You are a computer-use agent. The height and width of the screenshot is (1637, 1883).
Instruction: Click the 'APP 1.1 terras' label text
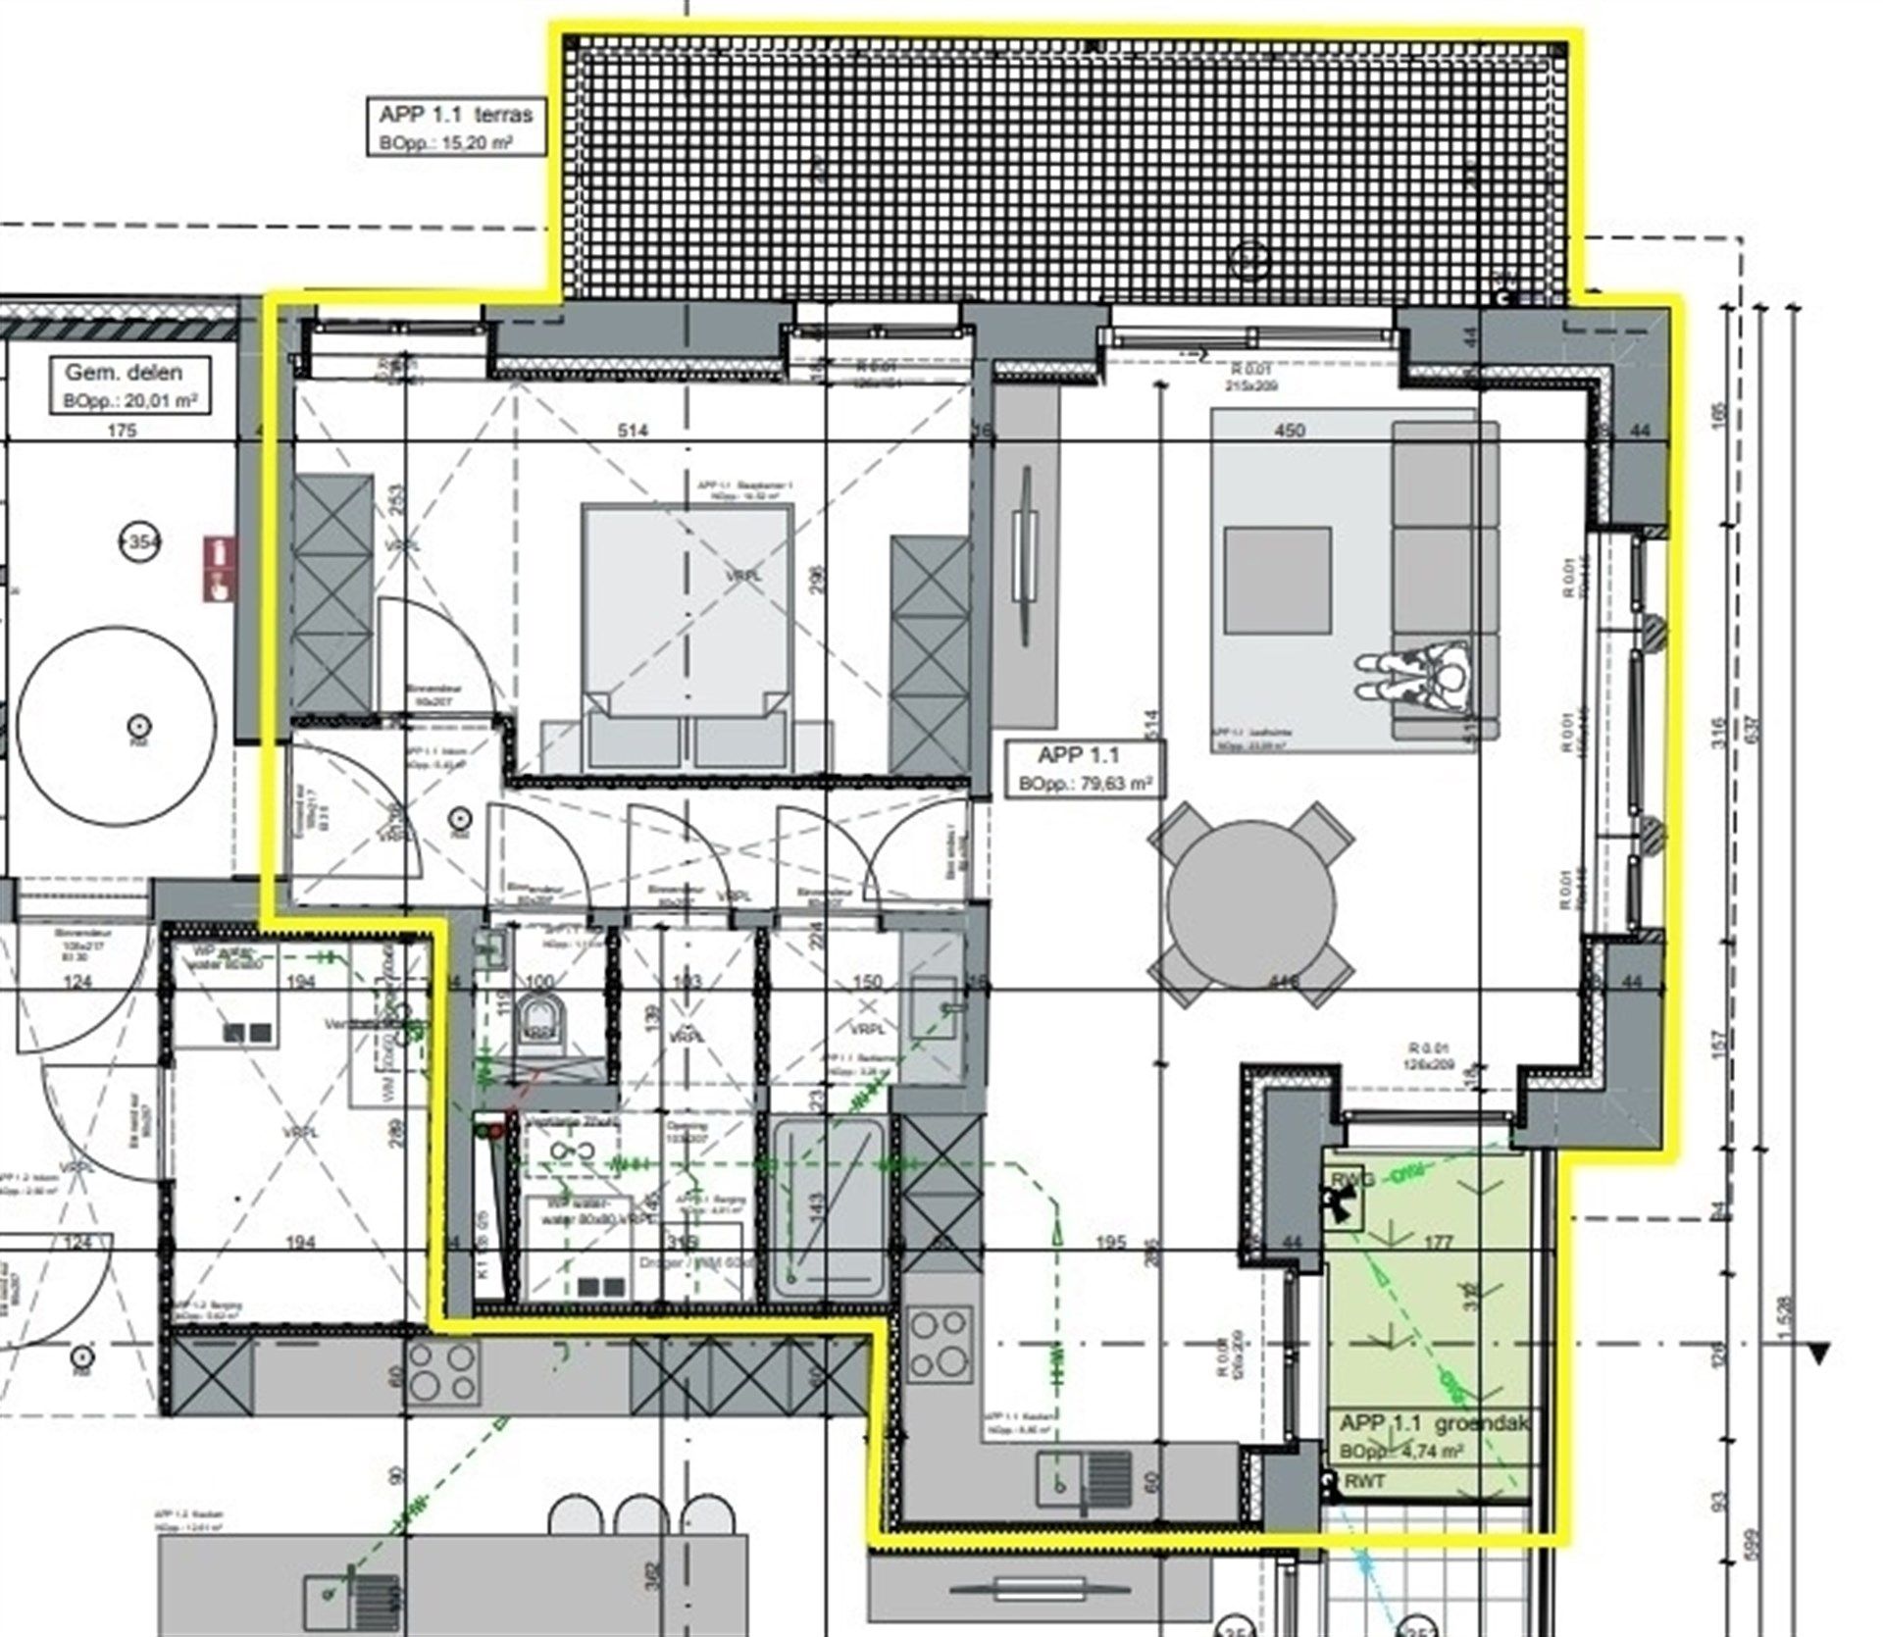pyautogui.click(x=456, y=115)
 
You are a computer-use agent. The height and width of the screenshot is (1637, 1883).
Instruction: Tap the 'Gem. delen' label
pyautogui.click(x=124, y=373)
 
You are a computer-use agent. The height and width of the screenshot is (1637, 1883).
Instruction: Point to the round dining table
pyautogui.click(x=1251, y=904)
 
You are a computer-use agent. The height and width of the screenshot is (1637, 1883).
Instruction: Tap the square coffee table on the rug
pyautogui.click(x=1277, y=581)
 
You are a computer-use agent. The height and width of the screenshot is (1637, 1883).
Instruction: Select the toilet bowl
pyautogui.click(x=538, y=1020)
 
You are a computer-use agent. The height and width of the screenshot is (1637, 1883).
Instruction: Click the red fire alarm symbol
pyautogui.click(x=218, y=568)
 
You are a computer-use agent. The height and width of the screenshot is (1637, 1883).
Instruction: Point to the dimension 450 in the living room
pyautogui.click(x=1290, y=430)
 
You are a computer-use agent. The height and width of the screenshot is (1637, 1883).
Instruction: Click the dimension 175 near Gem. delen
pyautogui.click(x=122, y=430)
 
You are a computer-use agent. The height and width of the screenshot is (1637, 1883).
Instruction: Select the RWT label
pyautogui.click(x=1365, y=1480)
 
